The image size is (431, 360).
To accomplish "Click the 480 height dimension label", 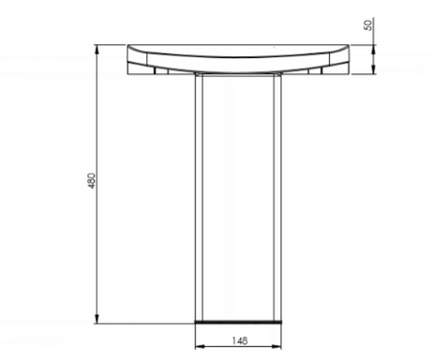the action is [92, 181].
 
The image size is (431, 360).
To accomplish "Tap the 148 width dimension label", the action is [240, 340].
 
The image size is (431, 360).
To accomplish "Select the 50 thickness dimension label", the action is [368, 25].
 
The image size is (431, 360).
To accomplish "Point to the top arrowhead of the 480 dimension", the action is [97, 49].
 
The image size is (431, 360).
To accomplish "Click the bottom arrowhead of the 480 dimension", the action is [97, 319].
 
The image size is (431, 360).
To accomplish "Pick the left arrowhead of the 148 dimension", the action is [200, 346].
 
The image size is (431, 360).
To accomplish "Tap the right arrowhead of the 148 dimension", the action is [276, 346].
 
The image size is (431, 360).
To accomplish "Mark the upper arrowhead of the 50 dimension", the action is [374, 49].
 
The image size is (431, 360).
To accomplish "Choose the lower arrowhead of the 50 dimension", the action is [374, 69].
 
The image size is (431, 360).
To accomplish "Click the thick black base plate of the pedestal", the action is [238, 322].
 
